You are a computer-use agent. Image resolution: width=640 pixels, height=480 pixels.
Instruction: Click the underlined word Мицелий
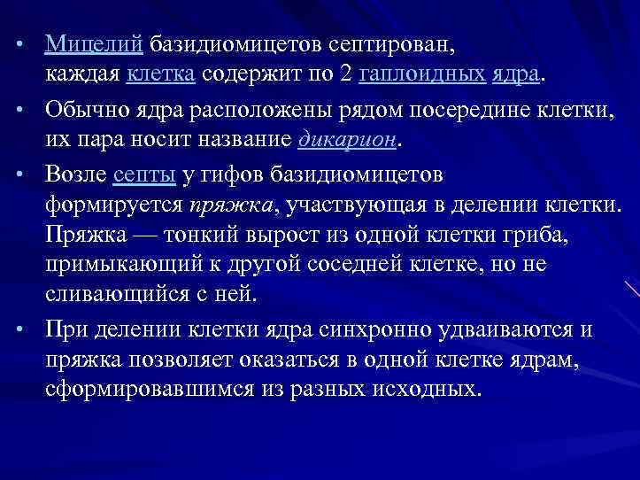tap(94, 43)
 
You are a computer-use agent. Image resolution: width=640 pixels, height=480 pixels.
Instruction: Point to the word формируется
tap(114, 207)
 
